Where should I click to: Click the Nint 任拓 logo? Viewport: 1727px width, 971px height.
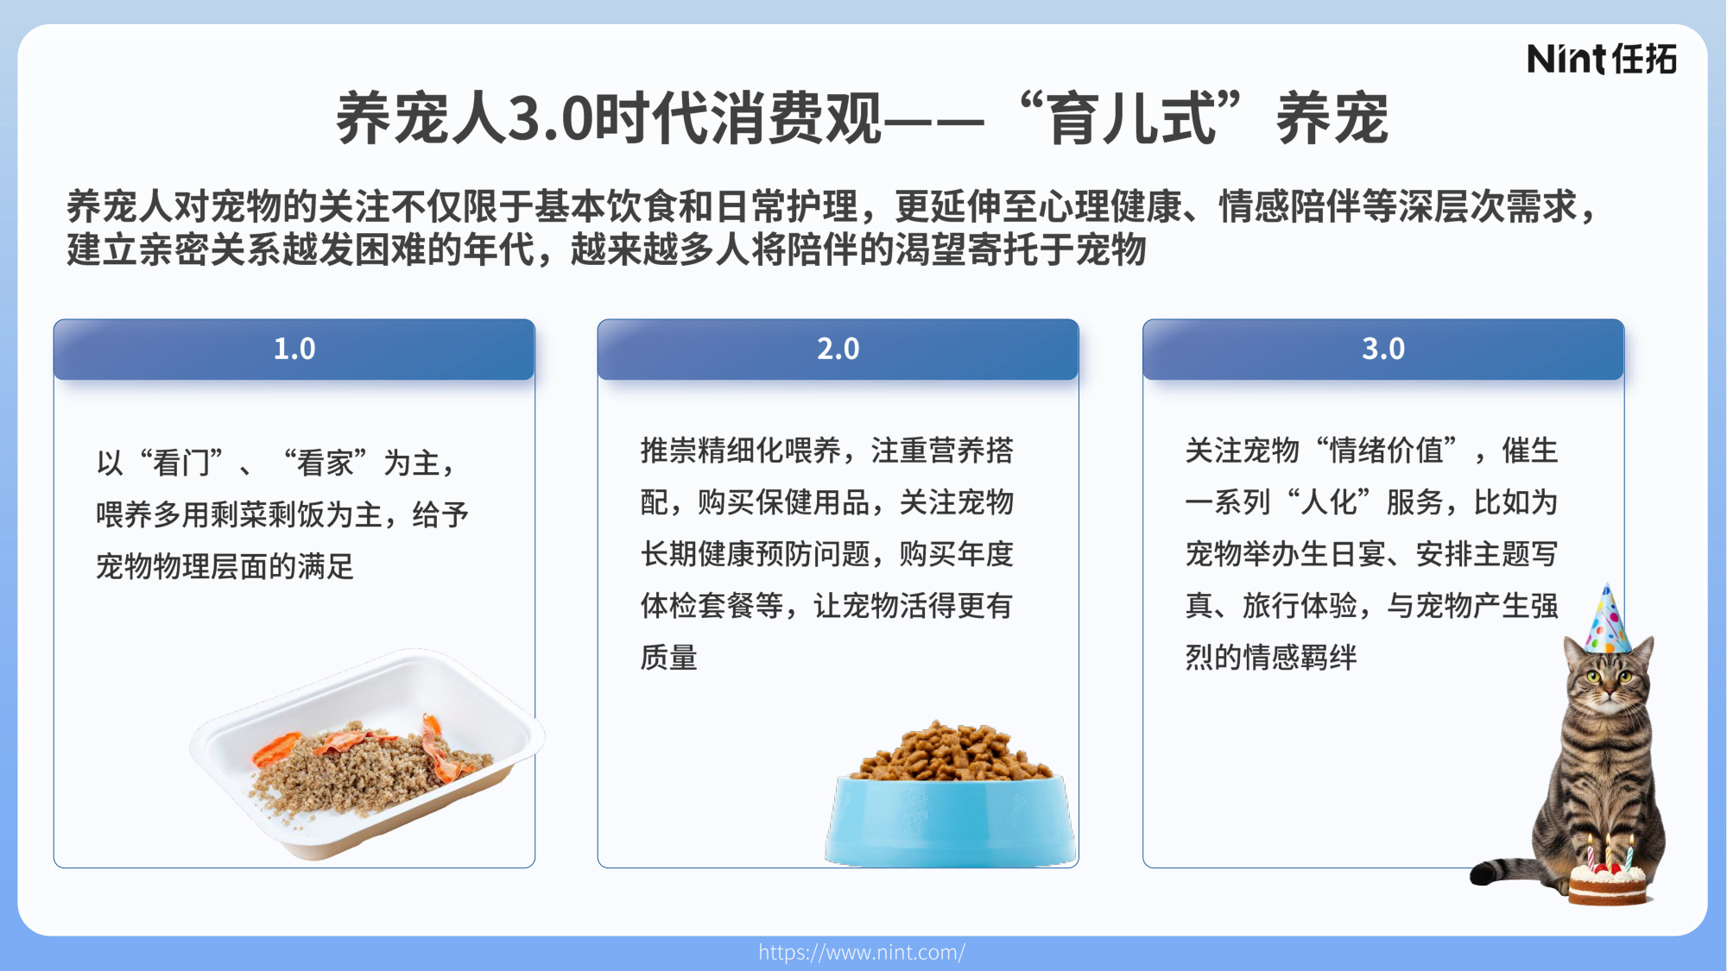tap(1601, 59)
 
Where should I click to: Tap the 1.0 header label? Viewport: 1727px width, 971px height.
tap(294, 349)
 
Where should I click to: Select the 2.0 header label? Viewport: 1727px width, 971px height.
tap(838, 349)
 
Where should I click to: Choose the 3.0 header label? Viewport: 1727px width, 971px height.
tap(1382, 349)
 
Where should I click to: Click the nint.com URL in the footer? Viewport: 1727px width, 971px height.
tap(862, 952)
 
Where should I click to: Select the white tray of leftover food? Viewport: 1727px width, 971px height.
tap(367, 755)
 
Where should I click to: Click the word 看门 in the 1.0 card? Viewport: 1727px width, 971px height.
tap(181, 463)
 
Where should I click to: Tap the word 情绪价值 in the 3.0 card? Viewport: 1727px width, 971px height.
tap(1386, 451)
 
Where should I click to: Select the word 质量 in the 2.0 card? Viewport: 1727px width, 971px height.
tap(668, 658)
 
